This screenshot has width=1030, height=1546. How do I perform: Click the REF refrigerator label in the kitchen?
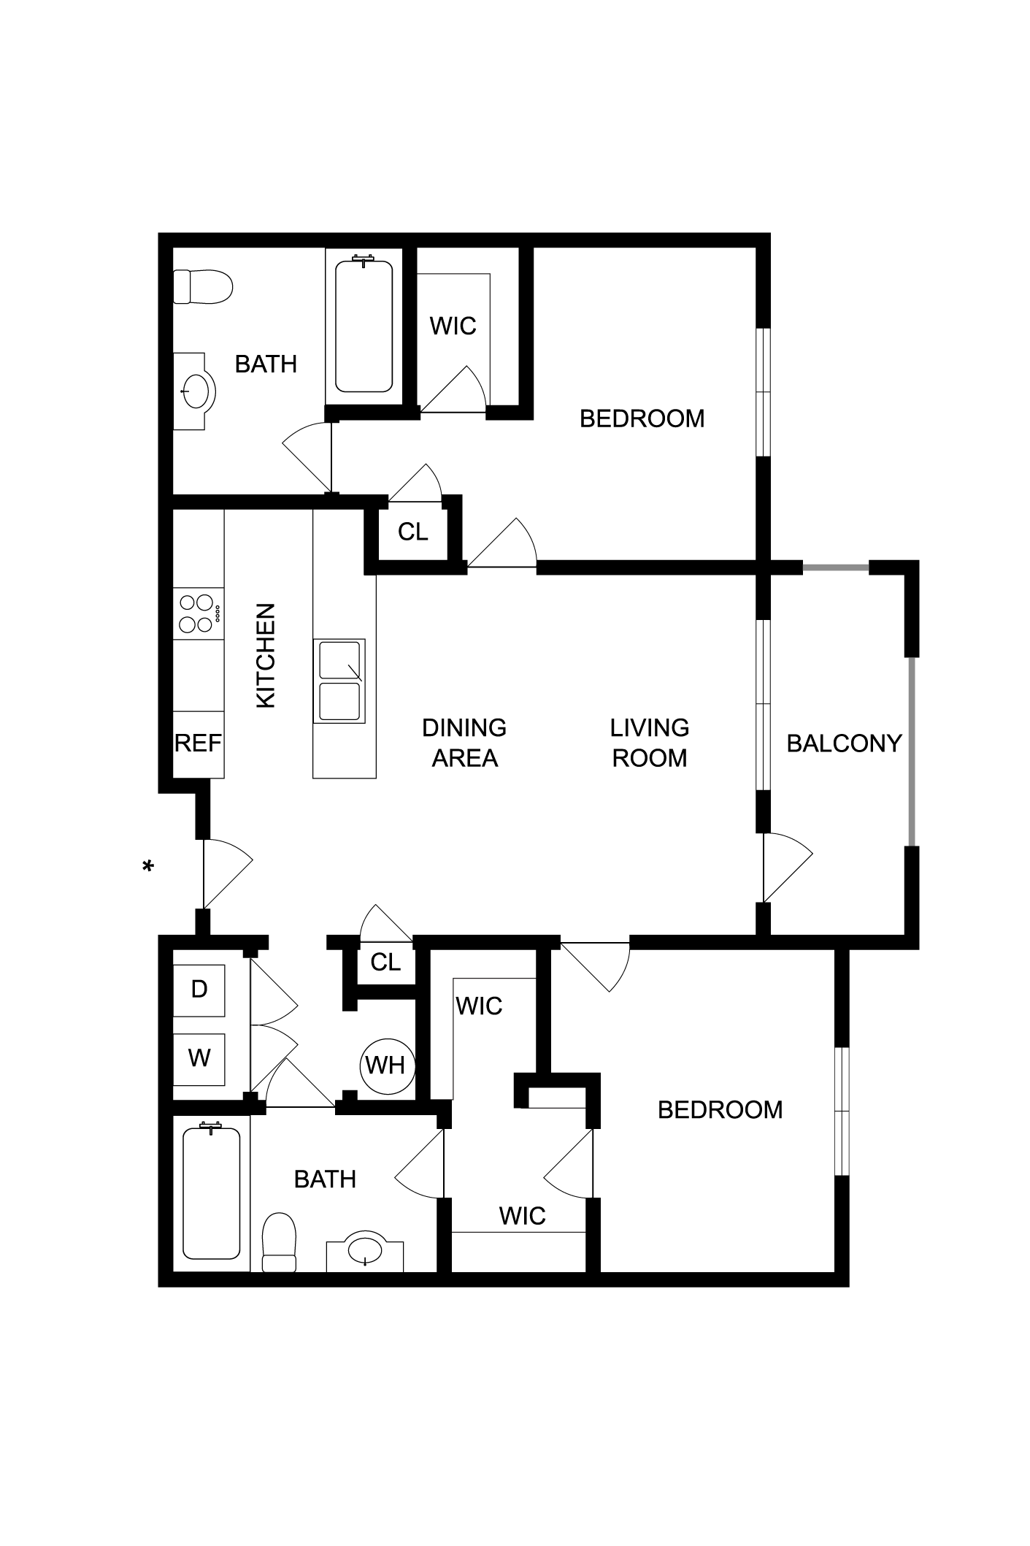pyautogui.click(x=198, y=743)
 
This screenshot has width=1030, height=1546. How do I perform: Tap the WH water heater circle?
pyautogui.click(x=387, y=1065)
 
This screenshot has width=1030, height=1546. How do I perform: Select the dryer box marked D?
pyautogui.click(x=199, y=990)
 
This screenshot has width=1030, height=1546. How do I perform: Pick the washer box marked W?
pyautogui.click(x=199, y=1058)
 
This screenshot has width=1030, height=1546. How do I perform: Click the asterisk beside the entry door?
pyautogui.click(x=148, y=866)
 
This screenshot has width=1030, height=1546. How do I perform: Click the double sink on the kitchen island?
pyautogui.click(x=339, y=681)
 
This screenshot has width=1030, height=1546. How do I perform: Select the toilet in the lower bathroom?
pyautogui.click(x=279, y=1242)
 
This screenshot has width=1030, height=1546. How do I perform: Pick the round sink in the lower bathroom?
pyautogui.click(x=365, y=1251)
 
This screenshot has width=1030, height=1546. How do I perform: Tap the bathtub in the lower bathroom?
pyautogui.click(x=211, y=1195)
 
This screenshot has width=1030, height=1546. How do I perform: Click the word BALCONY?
pyautogui.click(x=844, y=743)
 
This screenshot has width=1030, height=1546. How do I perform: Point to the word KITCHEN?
pyautogui.click(x=266, y=655)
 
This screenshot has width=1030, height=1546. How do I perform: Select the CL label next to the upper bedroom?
pyautogui.click(x=412, y=532)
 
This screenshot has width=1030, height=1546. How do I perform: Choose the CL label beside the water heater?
pyautogui.click(x=385, y=963)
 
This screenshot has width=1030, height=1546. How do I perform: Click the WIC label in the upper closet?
pyautogui.click(x=453, y=326)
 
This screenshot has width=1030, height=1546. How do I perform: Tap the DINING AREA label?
pyautogui.click(x=464, y=743)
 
